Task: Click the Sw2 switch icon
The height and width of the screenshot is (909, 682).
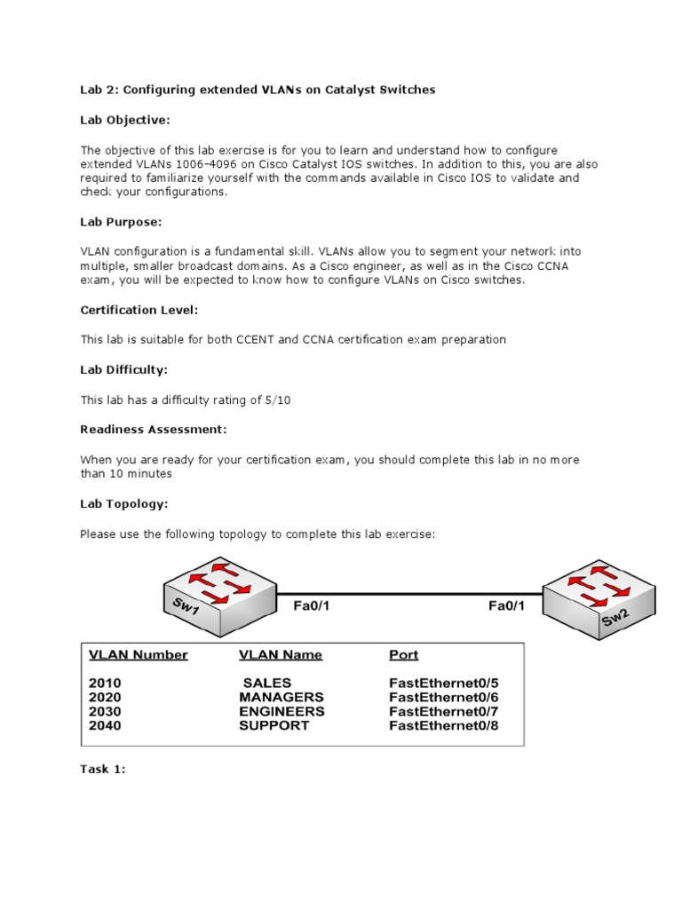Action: tap(599, 597)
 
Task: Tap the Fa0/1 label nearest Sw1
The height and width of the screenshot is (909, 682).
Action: tap(317, 606)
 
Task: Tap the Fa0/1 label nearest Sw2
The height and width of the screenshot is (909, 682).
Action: tap(507, 606)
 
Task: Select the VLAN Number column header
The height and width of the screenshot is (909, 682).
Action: tap(138, 655)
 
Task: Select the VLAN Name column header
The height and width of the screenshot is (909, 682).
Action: tap(281, 655)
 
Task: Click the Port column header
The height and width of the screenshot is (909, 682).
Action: tap(404, 655)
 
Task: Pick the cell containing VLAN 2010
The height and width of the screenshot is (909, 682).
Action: tap(105, 684)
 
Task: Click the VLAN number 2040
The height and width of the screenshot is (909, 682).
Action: tap(105, 725)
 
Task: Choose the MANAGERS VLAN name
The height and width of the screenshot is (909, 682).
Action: tap(282, 698)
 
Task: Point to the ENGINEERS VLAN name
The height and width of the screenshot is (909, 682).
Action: tap(282, 711)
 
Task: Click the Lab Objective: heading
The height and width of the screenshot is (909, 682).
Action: tap(124, 120)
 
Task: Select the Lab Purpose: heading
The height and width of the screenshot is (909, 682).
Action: tap(121, 222)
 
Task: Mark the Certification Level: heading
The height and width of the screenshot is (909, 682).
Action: tap(139, 310)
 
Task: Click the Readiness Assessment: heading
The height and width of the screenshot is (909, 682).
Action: tap(154, 430)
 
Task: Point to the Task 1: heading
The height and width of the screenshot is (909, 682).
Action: tap(103, 770)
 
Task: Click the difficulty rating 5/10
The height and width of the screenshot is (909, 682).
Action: tap(276, 400)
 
